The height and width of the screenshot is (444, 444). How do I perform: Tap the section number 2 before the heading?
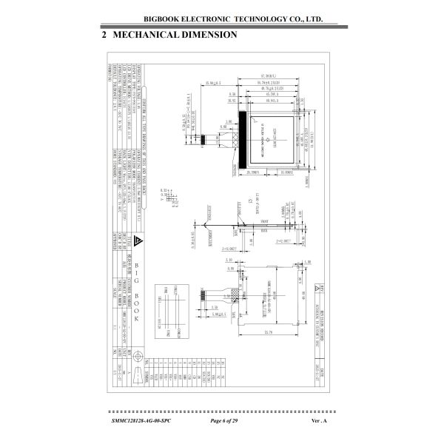point(104,35)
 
